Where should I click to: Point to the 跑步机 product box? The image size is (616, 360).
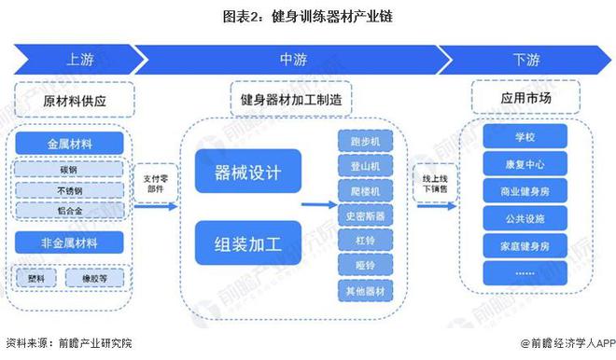coord(364,142)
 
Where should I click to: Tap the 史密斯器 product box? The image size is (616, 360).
coord(364,215)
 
